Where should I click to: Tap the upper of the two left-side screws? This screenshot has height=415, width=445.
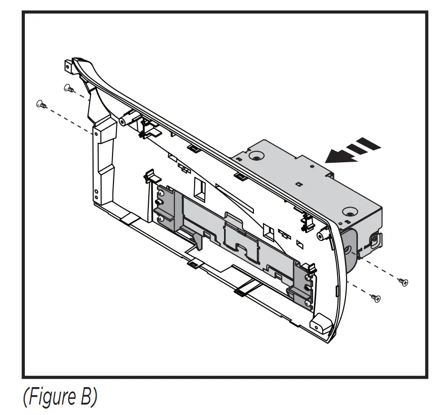(x=68, y=89)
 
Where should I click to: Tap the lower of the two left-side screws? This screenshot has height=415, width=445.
(x=40, y=104)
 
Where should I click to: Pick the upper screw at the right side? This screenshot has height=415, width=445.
(x=405, y=282)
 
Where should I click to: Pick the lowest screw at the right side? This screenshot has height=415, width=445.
(x=376, y=298)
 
